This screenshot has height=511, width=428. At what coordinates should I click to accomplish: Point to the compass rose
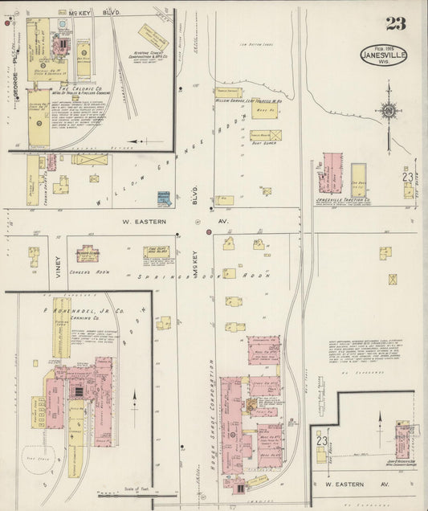click(x=388, y=110)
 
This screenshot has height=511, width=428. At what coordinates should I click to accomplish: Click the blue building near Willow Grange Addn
click(x=165, y=198)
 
